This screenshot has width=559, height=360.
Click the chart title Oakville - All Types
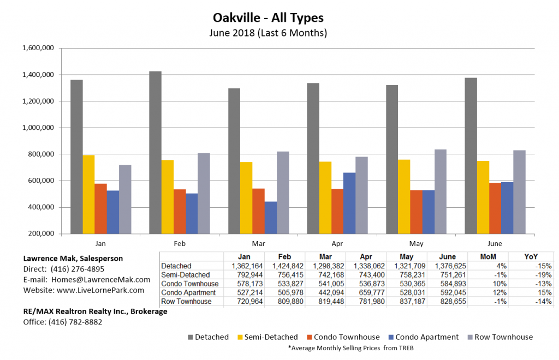pyautogui.click(x=268, y=19)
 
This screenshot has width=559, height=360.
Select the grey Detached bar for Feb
pyautogui.click(x=155, y=152)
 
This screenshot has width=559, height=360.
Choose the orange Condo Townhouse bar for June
pyautogui.click(x=495, y=208)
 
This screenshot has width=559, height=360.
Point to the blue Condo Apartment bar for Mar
pyautogui.click(x=270, y=217)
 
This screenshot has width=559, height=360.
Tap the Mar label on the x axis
pyautogui.click(x=259, y=243)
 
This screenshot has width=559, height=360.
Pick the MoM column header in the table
pyautogui.click(x=488, y=256)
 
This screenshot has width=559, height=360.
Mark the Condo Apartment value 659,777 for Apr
pyautogui.click(x=366, y=293)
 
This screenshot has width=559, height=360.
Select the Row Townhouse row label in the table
pyautogui.click(x=187, y=302)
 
